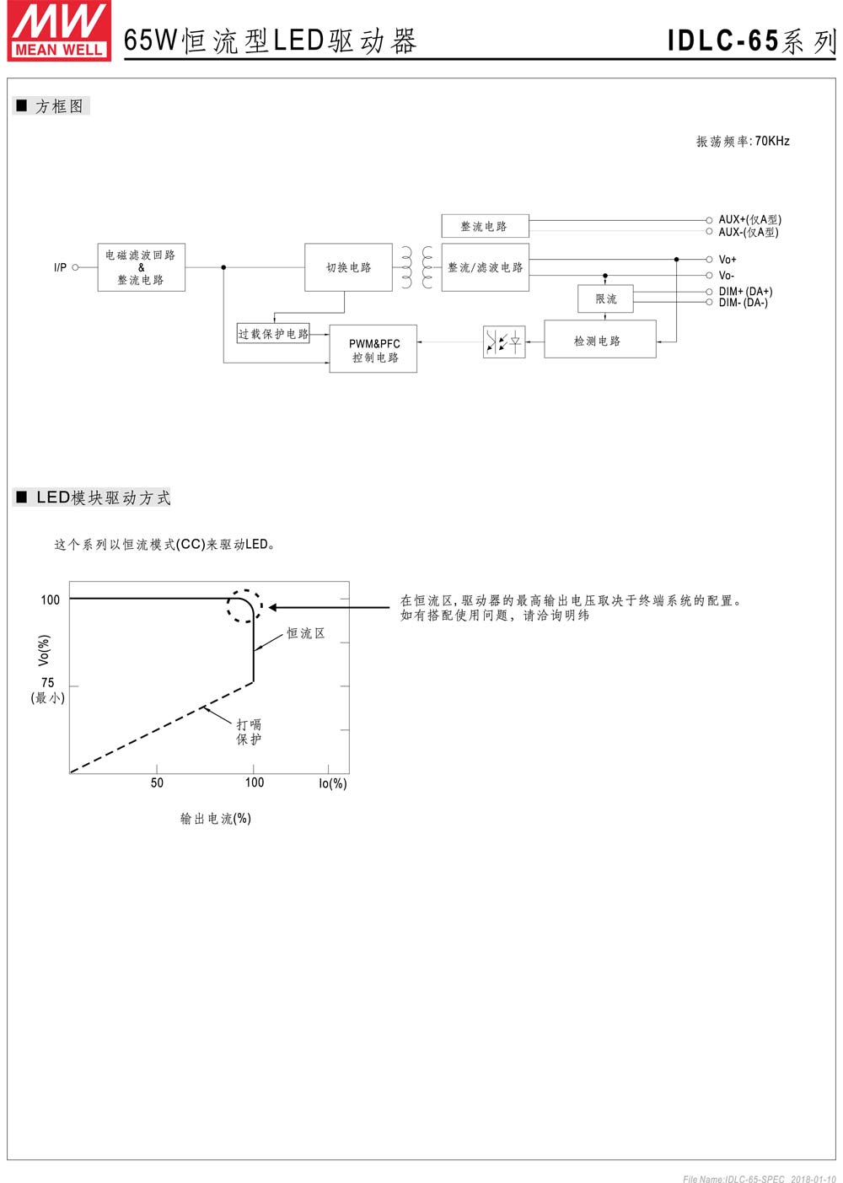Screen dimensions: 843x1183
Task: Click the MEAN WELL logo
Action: pyautogui.click(x=59, y=30)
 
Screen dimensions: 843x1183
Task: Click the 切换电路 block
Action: pyautogui.click(x=348, y=267)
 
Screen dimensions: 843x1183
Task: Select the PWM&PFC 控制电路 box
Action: pyautogui.click(x=373, y=349)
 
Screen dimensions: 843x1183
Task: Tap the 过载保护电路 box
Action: pyautogui.click(x=273, y=334)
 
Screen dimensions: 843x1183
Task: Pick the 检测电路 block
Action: pyautogui.click(x=600, y=340)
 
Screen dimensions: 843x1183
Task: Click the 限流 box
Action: pyautogui.click(x=605, y=299)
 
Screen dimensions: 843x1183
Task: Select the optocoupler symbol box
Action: pyautogui.click(x=504, y=342)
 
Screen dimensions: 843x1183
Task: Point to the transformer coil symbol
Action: pyautogui.click(x=417, y=267)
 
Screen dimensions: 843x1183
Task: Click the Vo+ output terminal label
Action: pyautogui.click(x=728, y=260)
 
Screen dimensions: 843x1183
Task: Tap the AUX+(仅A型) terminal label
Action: pyautogui.click(x=750, y=219)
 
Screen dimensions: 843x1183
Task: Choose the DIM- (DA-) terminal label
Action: pyautogui.click(x=744, y=303)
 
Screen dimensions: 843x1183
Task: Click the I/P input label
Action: pyautogui.click(x=60, y=267)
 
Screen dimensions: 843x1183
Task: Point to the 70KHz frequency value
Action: pyautogui.click(x=772, y=141)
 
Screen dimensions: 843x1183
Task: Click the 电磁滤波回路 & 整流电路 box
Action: pyautogui.click(x=142, y=267)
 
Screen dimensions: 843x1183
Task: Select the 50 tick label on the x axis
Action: pyautogui.click(x=157, y=782)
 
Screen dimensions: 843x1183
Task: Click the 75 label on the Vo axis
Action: pyautogui.click(x=47, y=682)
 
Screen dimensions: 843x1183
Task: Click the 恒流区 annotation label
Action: pyautogui.click(x=306, y=632)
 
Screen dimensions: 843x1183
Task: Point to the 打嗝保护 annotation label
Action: pyautogui.click(x=249, y=731)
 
